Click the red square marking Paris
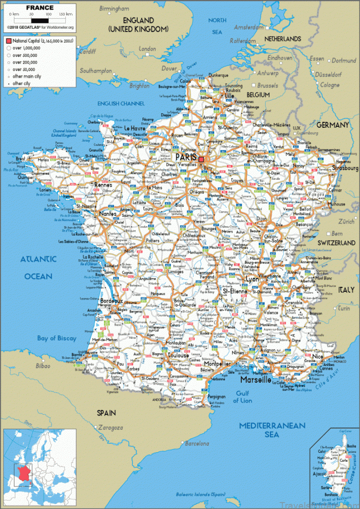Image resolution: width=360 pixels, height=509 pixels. pos(201,160)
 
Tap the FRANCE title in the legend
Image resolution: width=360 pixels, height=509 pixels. pos(40,7)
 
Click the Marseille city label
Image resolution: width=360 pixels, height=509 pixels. pos(256,380)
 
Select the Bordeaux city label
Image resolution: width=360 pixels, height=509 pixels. pos(111,301)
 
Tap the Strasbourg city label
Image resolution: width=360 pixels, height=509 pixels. pos(343,169)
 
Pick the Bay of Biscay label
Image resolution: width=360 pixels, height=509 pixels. pos(57,339)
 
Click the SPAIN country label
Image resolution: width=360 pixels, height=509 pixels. pos(106,413)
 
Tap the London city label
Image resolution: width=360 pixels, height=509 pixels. pos(147,49)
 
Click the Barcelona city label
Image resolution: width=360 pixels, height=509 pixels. pos(197,443)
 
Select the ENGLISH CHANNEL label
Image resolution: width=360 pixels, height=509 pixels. pos(121,103)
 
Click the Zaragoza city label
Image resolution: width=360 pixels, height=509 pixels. pos(110,427)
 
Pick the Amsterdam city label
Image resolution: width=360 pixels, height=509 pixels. pos(249,27)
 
